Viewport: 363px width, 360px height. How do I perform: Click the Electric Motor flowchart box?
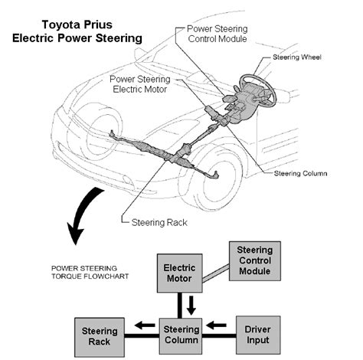click(x=180, y=273)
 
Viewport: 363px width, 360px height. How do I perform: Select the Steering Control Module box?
click(x=255, y=261)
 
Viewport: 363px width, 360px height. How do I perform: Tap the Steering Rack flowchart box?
click(x=100, y=337)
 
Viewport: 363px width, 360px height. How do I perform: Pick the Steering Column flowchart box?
click(x=181, y=335)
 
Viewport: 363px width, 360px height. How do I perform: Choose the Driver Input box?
click(x=258, y=335)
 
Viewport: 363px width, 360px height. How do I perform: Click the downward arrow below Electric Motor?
click(x=191, y=306)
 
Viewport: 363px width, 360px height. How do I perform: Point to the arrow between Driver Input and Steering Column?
click(x=216, y=326)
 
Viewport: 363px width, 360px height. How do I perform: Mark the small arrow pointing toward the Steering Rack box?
click(x=145, y=326)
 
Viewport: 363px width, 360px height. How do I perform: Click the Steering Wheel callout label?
click(x=297, y=57)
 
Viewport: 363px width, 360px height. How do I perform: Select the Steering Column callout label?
click(x=300, y=174)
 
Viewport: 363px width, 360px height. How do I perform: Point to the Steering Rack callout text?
click(x=159, y=223)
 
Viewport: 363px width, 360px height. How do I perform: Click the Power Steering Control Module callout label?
click(x=217, y=34)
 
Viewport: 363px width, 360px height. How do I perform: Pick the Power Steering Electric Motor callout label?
click(x=140, y=84)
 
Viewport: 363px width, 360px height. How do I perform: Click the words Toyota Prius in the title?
click(x=77, y=25)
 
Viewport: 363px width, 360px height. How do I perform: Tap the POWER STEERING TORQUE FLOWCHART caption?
click(x=90, y=272)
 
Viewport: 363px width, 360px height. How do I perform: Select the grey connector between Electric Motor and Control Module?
click(x=216, y=273)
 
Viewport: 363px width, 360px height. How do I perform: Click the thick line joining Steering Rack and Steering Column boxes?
click(x=142, y=335)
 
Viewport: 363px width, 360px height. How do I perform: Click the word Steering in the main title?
click(x=119, y=38)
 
